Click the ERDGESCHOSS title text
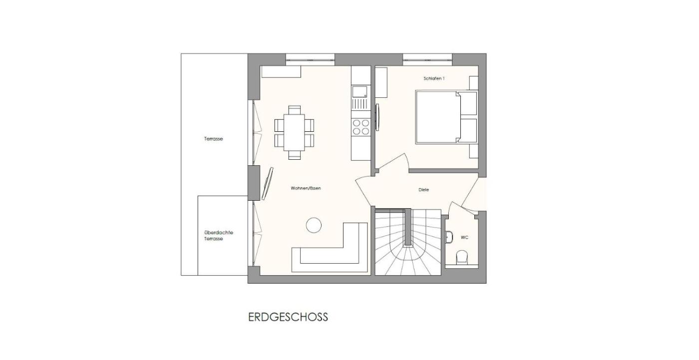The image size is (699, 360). [288, 317]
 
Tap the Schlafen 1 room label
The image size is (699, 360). [434, 78]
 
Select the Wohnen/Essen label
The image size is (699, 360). [306, 188]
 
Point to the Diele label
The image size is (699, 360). [424, 190]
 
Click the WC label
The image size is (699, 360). [465, 237]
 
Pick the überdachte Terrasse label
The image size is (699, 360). [219, 236]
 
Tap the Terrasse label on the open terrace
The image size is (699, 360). [214, 139]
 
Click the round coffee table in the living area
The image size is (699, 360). [314, 225]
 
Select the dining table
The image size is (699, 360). [294, 133]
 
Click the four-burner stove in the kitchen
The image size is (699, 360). [360, 127]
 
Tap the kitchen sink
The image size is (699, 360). [360, 91]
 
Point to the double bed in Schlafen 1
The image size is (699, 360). [446, 117]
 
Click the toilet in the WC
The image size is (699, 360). [462, 258]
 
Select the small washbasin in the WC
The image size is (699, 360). [448, 237]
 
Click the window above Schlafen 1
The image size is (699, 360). [427, 59]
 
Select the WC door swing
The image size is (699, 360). [462, 208]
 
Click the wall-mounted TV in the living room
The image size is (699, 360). [268, 184]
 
